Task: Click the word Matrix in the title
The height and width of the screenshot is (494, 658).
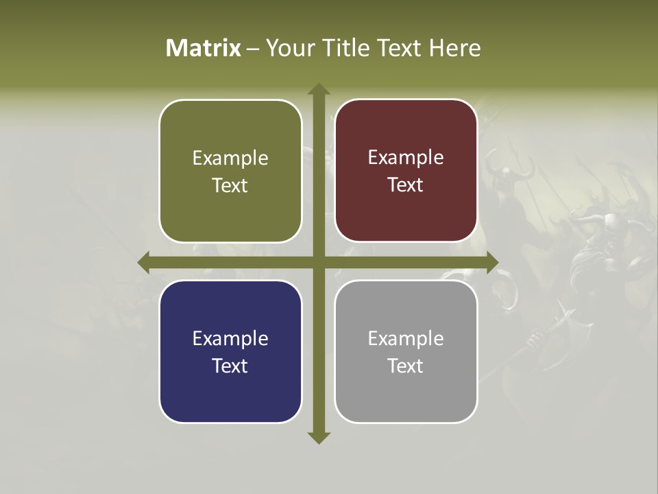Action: coord(204,48)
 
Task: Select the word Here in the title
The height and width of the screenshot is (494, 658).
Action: coord(455,48)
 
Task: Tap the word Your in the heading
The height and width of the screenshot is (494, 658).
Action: coord(289,48)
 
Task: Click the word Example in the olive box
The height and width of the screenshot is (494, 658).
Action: coord(230,158)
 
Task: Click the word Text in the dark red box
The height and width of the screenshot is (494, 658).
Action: coord(406,185)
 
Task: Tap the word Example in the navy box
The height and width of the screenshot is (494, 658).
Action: coord(230,339)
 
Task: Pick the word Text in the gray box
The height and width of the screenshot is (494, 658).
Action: coord(406,366)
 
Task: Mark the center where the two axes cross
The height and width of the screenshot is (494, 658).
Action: coord(318,262)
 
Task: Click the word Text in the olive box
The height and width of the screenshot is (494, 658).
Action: coord(230,186)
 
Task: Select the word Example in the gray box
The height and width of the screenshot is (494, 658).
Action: coord(406,338)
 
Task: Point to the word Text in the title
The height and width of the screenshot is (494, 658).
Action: coord(400,48)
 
